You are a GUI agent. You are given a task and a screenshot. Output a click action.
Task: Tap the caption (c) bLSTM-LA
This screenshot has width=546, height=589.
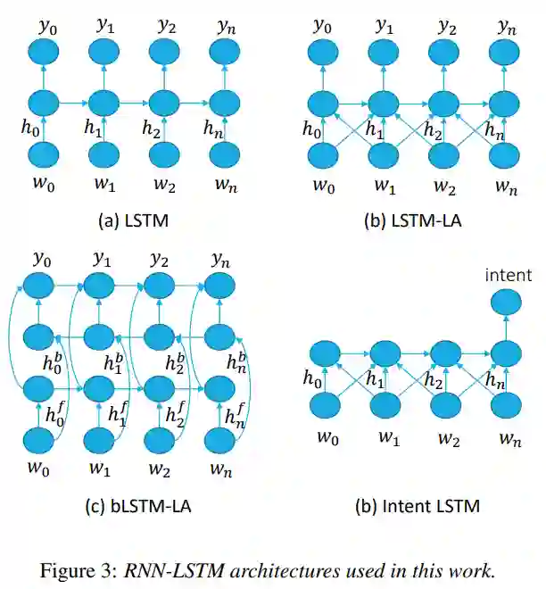(x=138, y=506)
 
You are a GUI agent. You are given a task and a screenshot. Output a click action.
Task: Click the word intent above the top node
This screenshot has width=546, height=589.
(x=508, y=275)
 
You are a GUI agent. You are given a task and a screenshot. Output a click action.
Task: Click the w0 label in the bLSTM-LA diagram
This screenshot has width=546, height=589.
(x=39, y=468)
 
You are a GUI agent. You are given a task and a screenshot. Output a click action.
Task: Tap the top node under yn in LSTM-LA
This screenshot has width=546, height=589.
(x=506, y=51)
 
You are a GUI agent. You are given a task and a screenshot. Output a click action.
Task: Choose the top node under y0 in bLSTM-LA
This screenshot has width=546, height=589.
(x=39, y=286)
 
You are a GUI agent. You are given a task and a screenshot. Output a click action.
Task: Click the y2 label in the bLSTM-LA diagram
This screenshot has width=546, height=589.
(x=159, y=260)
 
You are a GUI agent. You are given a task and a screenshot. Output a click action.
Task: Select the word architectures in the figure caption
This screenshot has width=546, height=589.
(x=302, y=568)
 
